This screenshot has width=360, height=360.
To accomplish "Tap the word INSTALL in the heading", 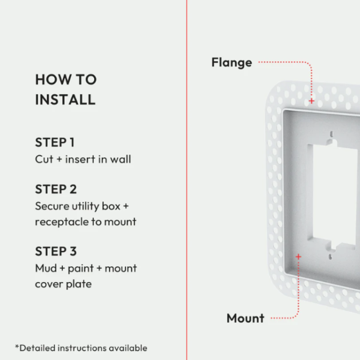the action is (65, 100).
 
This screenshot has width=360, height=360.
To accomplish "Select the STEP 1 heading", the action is (55, 142).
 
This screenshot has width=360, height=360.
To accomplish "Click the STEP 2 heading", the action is (56, 189).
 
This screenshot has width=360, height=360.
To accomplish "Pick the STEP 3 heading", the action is (56, 251).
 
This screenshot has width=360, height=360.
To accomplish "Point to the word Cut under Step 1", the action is (44, 159).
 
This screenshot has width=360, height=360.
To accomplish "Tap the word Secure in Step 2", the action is (52, 206).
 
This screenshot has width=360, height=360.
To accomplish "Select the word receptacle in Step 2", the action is (62, 222).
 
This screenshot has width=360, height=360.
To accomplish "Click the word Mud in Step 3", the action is (46, 268).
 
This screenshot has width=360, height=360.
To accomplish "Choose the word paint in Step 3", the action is (80, 268).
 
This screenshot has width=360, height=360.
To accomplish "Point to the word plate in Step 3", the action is (79, 284).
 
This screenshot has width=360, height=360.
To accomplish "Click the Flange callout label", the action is (232, 62).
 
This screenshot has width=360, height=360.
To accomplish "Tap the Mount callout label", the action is (245, 318).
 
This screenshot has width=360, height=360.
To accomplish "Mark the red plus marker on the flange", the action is (311, 101).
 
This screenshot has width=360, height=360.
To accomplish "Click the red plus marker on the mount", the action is (298, 256).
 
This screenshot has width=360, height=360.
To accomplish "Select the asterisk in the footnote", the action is (17, 346).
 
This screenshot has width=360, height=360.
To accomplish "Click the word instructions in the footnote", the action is (82, 348).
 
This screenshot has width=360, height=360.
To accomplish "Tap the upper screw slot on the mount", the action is (331, 134).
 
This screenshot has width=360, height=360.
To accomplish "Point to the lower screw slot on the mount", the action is (331, 257).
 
